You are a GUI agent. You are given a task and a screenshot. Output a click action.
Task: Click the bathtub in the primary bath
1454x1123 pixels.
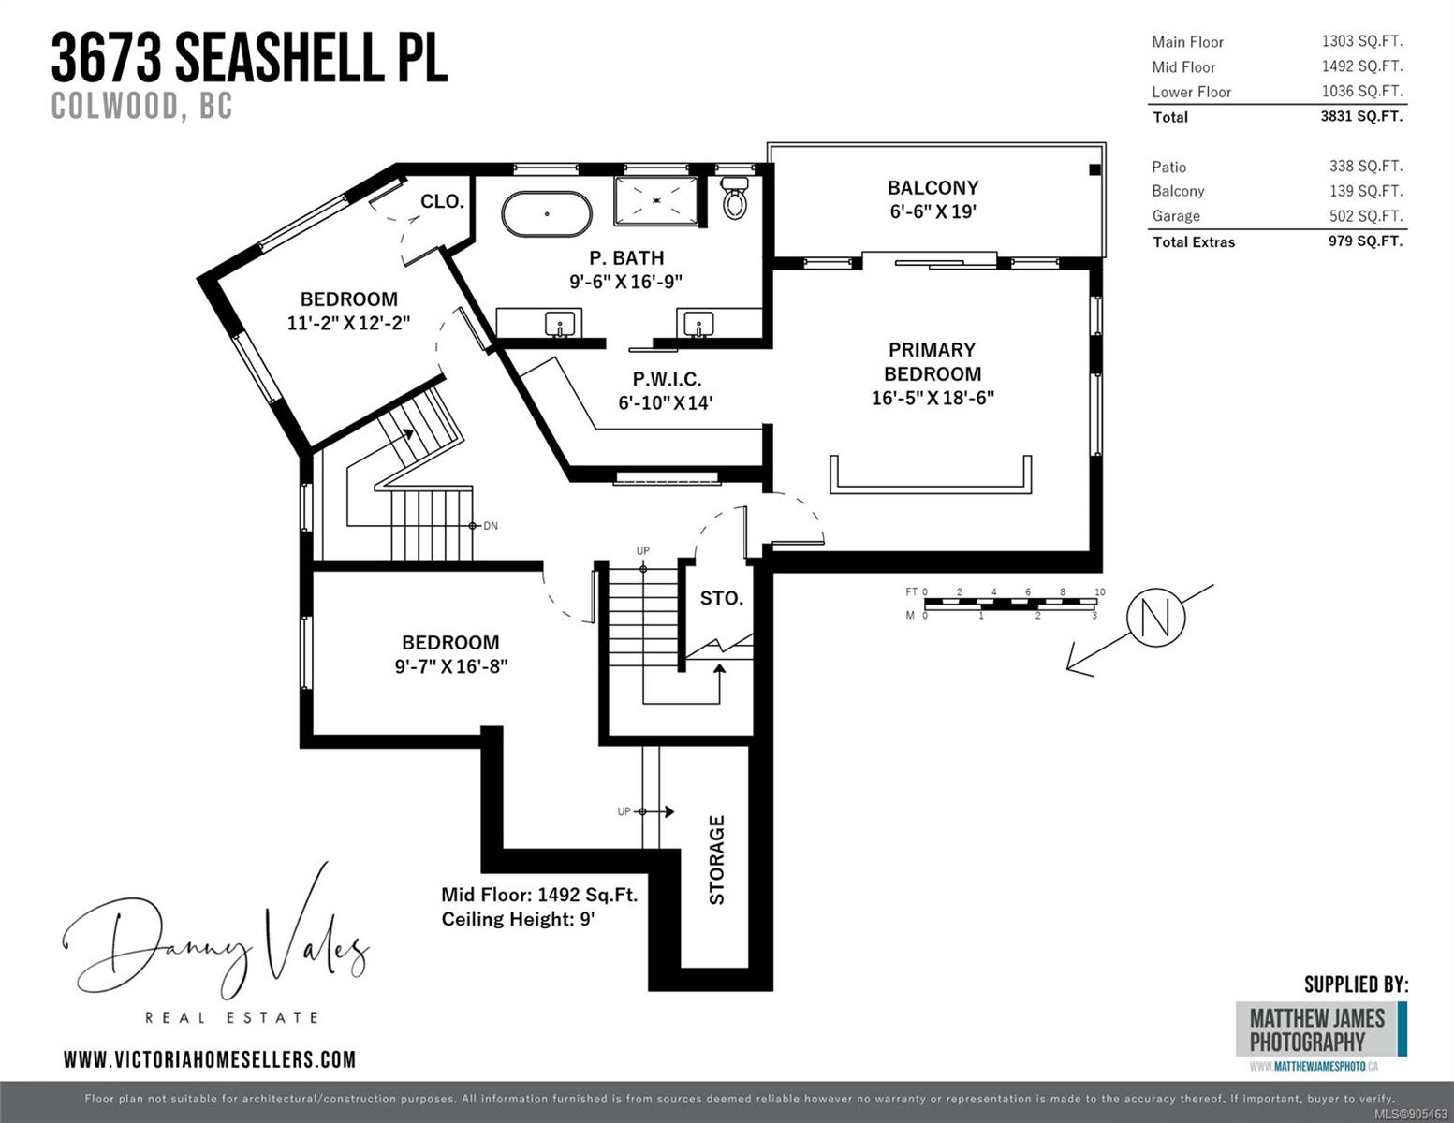pos(547,214)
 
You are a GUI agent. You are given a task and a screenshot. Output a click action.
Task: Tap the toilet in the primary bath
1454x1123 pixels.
pos(735,197)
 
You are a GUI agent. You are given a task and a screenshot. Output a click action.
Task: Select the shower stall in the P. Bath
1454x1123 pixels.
pos(655,200)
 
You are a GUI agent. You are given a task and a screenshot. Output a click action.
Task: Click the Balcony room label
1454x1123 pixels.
pos(933,188)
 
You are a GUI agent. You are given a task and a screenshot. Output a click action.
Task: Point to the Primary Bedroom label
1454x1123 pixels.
pos(933,362)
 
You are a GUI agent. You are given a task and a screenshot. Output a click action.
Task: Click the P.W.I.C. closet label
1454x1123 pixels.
pos(667,379)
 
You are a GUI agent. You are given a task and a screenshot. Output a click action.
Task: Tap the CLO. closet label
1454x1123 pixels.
pos(442,201)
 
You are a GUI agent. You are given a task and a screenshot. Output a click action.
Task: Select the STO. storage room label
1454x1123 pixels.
pos(721,598)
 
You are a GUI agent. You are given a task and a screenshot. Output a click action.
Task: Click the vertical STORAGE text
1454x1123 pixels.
pos(716,860)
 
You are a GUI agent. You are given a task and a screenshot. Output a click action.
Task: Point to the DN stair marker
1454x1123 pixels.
pos(491,526)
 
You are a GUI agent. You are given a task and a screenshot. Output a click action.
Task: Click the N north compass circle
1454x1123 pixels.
pos(1156,618)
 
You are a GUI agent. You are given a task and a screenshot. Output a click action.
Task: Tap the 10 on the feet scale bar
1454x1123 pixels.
pos(1099,592)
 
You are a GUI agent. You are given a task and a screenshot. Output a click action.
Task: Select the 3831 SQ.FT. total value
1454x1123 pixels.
pos(1361,116)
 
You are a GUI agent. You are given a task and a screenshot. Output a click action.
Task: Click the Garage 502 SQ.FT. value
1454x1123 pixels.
pos(1366,216)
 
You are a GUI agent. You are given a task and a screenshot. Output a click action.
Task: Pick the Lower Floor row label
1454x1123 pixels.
pos(1191,92)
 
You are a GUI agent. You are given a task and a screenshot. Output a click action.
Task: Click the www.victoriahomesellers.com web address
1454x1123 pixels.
pos(210,1059)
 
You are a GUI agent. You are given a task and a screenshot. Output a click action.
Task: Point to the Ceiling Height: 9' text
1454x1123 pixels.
pos(518,919)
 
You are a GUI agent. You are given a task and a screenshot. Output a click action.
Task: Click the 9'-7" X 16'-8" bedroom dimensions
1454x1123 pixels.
pos(451,666)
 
